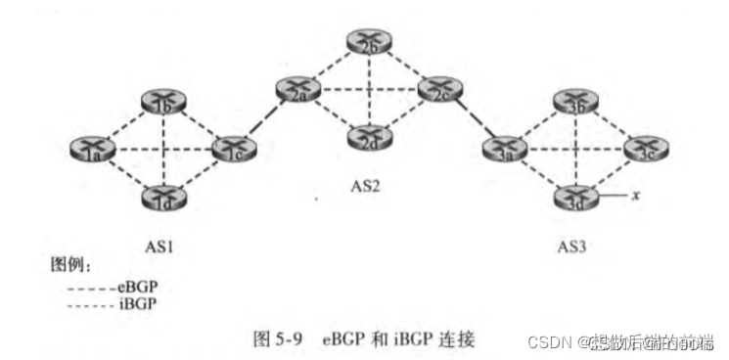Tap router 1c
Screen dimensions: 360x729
point(228,151)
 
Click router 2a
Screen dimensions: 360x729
point(296,93)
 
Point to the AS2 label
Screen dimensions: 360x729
point(364,183)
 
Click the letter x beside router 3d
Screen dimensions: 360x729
point(636,196)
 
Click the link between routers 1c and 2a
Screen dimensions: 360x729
point(262,122)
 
